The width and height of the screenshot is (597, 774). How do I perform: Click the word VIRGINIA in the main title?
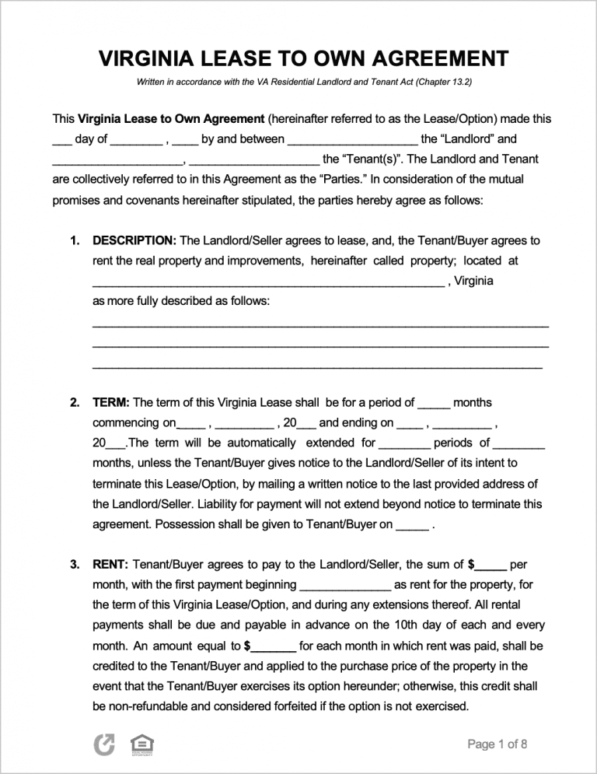[144, 58]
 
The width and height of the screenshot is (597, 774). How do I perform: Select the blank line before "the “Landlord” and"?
[351, 141]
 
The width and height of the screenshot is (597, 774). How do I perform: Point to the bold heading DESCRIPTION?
[134, 241]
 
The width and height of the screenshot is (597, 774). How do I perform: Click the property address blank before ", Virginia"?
[268, 282]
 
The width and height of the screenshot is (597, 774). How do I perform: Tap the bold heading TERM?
[111, 403]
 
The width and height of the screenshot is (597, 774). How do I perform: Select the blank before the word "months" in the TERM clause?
[433, 405]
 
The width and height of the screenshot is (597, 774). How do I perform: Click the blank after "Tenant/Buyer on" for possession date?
[411, 526]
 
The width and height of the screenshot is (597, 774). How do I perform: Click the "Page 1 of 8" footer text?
[497, 744]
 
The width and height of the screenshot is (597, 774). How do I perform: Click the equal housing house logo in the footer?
[140, 744]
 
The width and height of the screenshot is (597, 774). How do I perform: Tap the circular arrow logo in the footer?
[104, 744]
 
